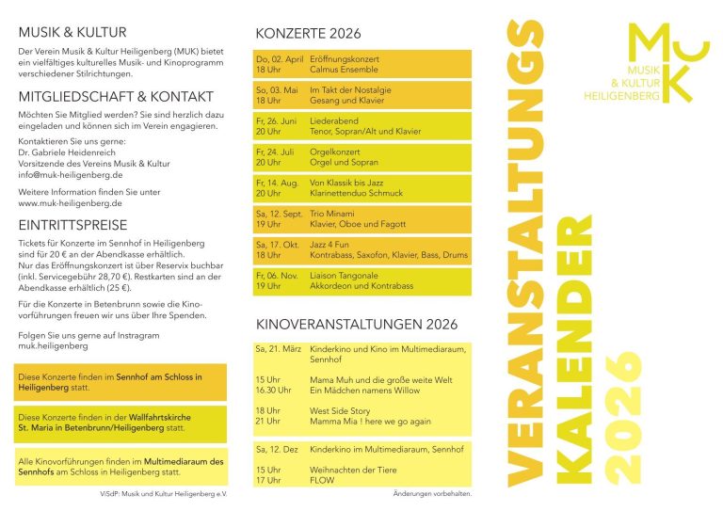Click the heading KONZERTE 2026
pyautogui.click(x=308, y=34)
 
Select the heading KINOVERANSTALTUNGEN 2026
pyautogui.click(x=357, y=325)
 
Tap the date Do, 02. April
pyautogui.click(x=280, y=59)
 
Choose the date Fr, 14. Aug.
pyautogui.click(x=278, y=183)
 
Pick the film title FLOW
pyautogui.click(x=322, y=480)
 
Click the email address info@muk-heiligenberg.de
pyautogui.click(x=71, y=175)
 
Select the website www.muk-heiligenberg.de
pyautogui.click(x=71, y=202)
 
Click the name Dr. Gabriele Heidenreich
pyautogui.click(x=72, y=152)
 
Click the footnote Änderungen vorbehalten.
pyautogui.click(x=432, y=493)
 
